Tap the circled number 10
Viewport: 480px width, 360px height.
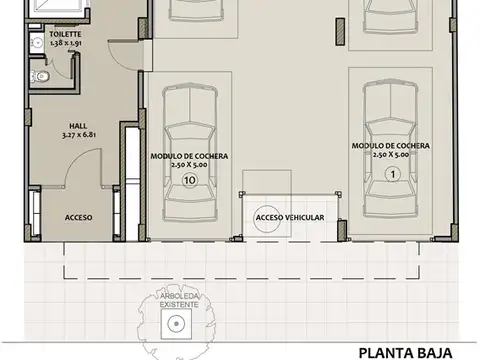190,181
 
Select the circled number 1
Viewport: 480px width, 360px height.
392,173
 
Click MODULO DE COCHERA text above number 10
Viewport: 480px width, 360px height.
190,157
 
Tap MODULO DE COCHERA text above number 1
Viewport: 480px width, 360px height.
392,146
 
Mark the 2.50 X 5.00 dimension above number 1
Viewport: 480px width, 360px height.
392,156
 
